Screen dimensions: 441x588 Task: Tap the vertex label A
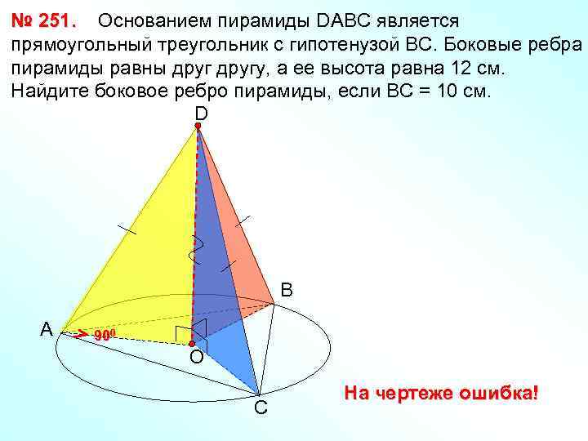tap(47, 329)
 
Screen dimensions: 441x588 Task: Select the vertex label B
tap(287, 290)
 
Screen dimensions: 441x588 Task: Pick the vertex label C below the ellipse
tap(260, 407)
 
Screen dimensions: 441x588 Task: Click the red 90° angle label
tap(106, 336)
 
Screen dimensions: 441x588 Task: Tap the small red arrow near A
tap(79, 333)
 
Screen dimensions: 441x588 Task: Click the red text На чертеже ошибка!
tap(441, 393)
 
